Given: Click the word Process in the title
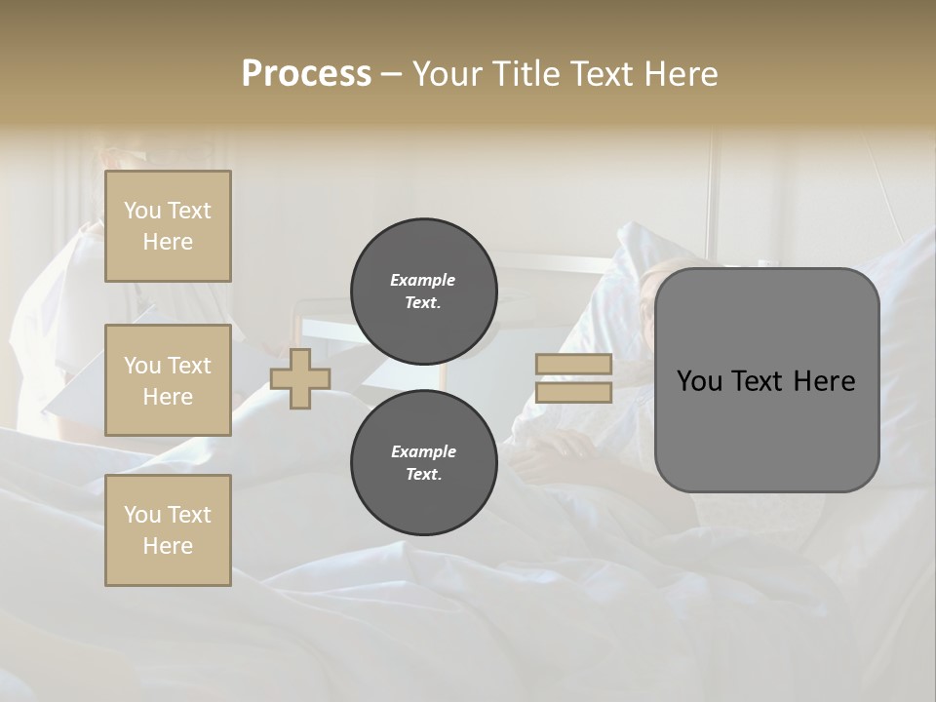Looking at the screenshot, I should coord(306,74).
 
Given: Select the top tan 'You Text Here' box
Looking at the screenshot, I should coord(168,226).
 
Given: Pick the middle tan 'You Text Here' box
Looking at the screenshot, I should coord(168,380).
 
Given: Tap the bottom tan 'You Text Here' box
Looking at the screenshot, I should coord(168,529).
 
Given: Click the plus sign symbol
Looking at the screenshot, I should coord(300,379).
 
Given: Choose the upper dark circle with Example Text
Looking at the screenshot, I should coord(423,292).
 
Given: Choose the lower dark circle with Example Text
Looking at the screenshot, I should coord(423,463).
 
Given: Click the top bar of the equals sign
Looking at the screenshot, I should coord(573,365).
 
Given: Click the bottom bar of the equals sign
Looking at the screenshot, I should coord(573,393).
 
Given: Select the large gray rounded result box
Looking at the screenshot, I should coord(766,380).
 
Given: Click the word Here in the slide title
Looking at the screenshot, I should coord(682,74).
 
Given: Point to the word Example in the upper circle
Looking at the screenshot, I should coord(423,280).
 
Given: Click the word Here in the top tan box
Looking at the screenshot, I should coord(168,242).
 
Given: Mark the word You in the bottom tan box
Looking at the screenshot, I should coord(142,515).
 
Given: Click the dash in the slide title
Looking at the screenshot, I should coord(391,74).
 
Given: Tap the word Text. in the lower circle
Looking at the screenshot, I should coord(423,475).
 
